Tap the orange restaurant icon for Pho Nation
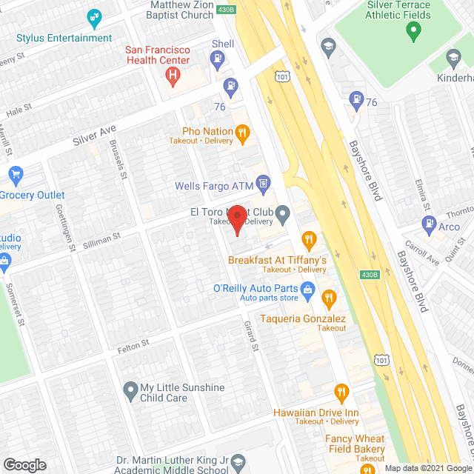(242, 133)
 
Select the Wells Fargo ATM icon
(263, 182)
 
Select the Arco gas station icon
(428, 223)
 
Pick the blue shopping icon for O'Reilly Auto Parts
(306, 288)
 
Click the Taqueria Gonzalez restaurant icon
(329, 299)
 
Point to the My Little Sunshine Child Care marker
(130, 388)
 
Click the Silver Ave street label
(95, 136)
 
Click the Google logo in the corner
(24, 464)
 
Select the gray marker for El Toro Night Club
(283, 215)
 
